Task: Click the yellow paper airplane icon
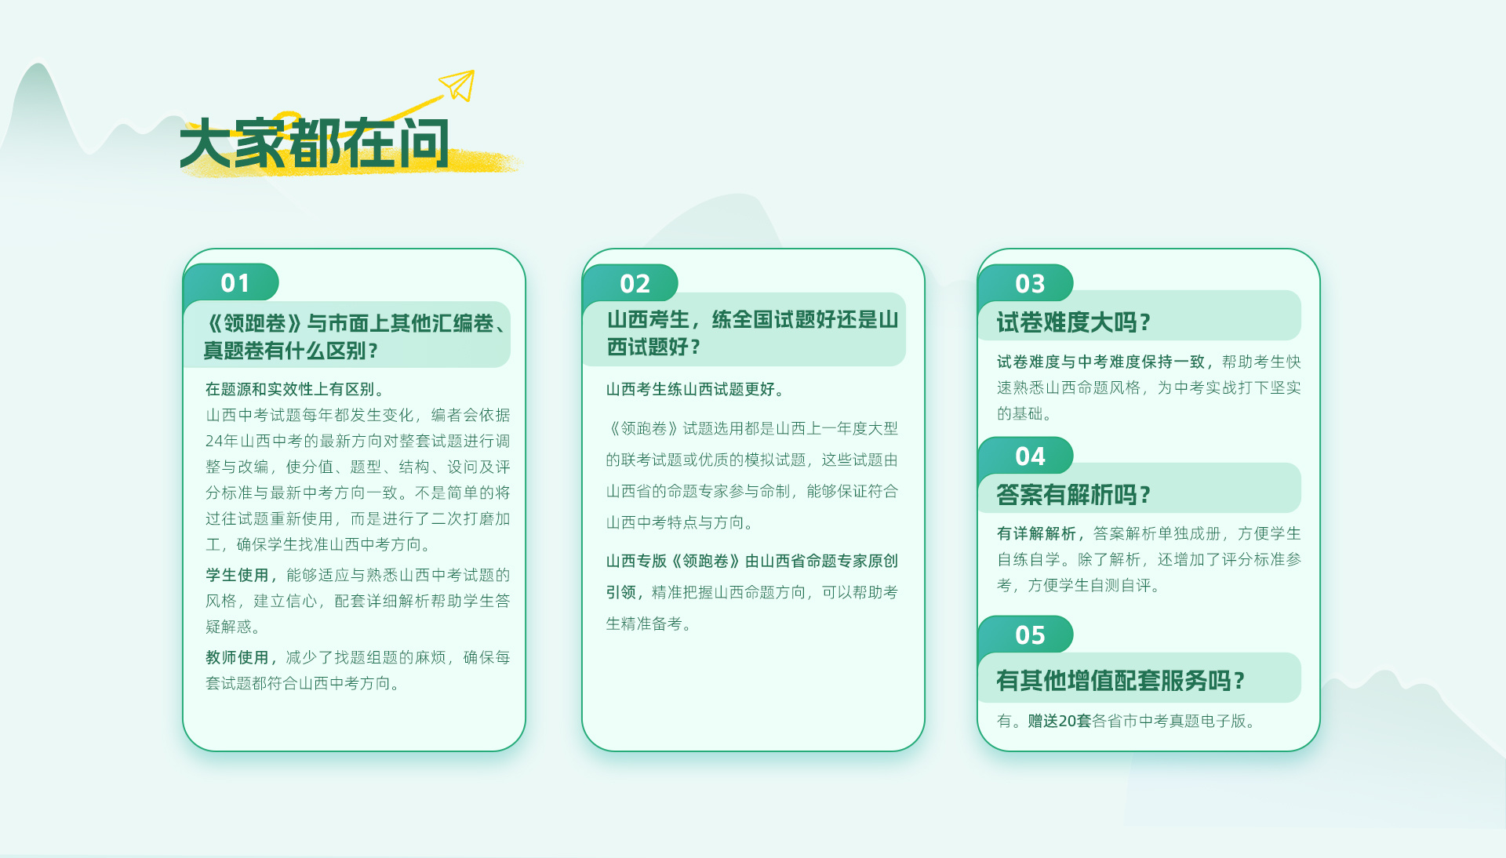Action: click(459, 85)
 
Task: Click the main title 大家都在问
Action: click(315, 144)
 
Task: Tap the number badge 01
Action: click(235, 282)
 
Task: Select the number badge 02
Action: click(635, 283)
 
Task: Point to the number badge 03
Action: click(1030, 283)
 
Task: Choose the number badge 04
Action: click(1030, 456)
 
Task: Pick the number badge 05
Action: click(1030, 634)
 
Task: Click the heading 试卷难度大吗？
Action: click(1074, 322)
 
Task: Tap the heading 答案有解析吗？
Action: click(1074, 494)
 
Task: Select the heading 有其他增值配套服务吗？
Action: click(1121, 680)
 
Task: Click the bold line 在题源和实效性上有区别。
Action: click(295, 389)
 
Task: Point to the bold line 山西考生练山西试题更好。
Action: click(695, 389)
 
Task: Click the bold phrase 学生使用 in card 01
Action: click(237, 575)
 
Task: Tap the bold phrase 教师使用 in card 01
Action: click(237, 657)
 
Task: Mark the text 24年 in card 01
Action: click(221, 441)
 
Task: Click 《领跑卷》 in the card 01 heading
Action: click(254, 323)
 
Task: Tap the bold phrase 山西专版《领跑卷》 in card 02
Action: click(675, 561)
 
